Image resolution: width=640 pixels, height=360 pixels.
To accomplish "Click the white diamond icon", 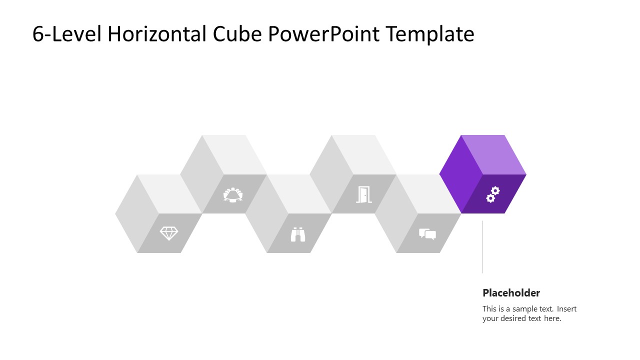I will (x=168, y=233).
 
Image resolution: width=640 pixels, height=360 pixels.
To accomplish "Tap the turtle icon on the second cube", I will (x=233, y=194).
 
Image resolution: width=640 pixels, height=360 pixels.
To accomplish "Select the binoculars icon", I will (x=298, y=234).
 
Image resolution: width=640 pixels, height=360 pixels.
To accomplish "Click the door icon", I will (x=363, y=194).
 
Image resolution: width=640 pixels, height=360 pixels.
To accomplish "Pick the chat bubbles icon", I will (x=427, y=234).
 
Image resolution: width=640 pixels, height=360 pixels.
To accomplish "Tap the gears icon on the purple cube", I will (x=493, y=194).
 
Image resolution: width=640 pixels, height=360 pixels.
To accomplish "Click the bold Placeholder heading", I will (x=511, y=293).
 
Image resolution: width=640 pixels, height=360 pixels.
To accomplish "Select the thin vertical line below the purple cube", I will (x=482, y=247).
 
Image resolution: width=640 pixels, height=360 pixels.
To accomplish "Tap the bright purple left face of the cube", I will (x=460, y=174).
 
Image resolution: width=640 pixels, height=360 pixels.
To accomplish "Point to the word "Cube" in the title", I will (x=238, y=34).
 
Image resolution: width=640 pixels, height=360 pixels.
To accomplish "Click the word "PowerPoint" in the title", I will (x=324, y=34).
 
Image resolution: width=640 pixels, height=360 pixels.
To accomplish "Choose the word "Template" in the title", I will (x=430, y=34).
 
